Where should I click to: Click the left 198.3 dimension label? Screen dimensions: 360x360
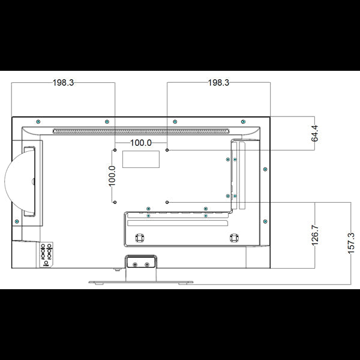[x=64, y=83]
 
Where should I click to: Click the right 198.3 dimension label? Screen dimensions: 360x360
[x=218, y=83]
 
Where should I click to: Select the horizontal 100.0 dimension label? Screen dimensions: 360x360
[x=141, y=143]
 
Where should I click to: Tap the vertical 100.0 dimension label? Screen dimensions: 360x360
[x=112, y=176]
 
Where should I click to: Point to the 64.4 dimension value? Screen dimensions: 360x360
[x=315, y=133]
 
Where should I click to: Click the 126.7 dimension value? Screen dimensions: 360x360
[x=315, y=235]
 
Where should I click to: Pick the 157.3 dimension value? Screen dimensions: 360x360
[x=351, y=243]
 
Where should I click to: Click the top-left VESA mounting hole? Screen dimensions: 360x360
[x=115, y=150]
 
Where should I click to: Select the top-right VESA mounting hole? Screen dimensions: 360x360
[x=167, y=150]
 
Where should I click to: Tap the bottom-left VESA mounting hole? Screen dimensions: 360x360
[x=115, y=202]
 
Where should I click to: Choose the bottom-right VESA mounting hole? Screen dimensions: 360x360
[x=167, y=202]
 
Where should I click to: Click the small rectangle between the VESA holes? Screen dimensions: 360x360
[x=141, y=160]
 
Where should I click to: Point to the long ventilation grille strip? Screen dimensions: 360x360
[x=141, y=131]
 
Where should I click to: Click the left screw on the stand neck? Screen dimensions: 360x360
[x=135, y=265]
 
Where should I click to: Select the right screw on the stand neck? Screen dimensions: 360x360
[x=147, y=265]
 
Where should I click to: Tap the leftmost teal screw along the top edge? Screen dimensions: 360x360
[x=38, y=122]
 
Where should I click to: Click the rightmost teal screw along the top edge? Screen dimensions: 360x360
[x=244, y=122]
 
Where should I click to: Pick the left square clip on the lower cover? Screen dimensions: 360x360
[x=139, y=238]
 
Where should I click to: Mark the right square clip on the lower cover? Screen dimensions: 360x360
[x=234, y=238]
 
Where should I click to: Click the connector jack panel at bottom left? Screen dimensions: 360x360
[x=46, y=254]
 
